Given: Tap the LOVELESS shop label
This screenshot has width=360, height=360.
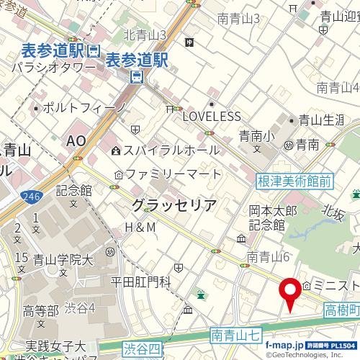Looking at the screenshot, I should (211, 116).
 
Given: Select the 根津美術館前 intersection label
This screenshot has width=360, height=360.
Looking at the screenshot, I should (294, 182).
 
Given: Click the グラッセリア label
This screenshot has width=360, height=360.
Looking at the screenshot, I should (174, 205).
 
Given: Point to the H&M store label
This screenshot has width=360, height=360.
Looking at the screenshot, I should (140, 228).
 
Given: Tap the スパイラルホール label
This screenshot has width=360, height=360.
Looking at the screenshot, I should (171, 150).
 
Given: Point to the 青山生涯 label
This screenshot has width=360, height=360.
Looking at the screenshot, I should (320, 120).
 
